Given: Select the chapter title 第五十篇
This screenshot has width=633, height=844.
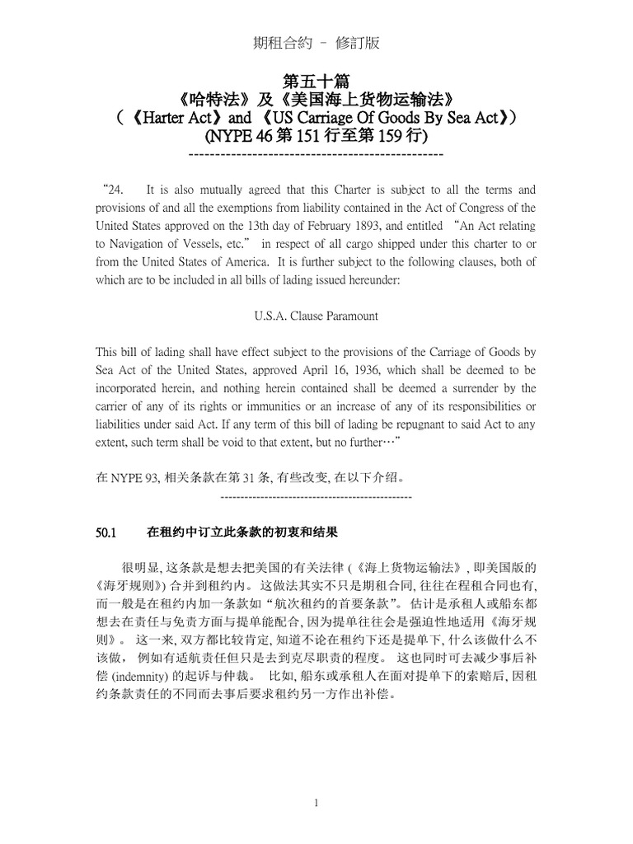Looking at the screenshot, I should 316,82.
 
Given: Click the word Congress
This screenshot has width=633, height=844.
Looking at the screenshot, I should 486,208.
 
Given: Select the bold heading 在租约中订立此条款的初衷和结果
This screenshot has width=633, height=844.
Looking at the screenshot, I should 242,533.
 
